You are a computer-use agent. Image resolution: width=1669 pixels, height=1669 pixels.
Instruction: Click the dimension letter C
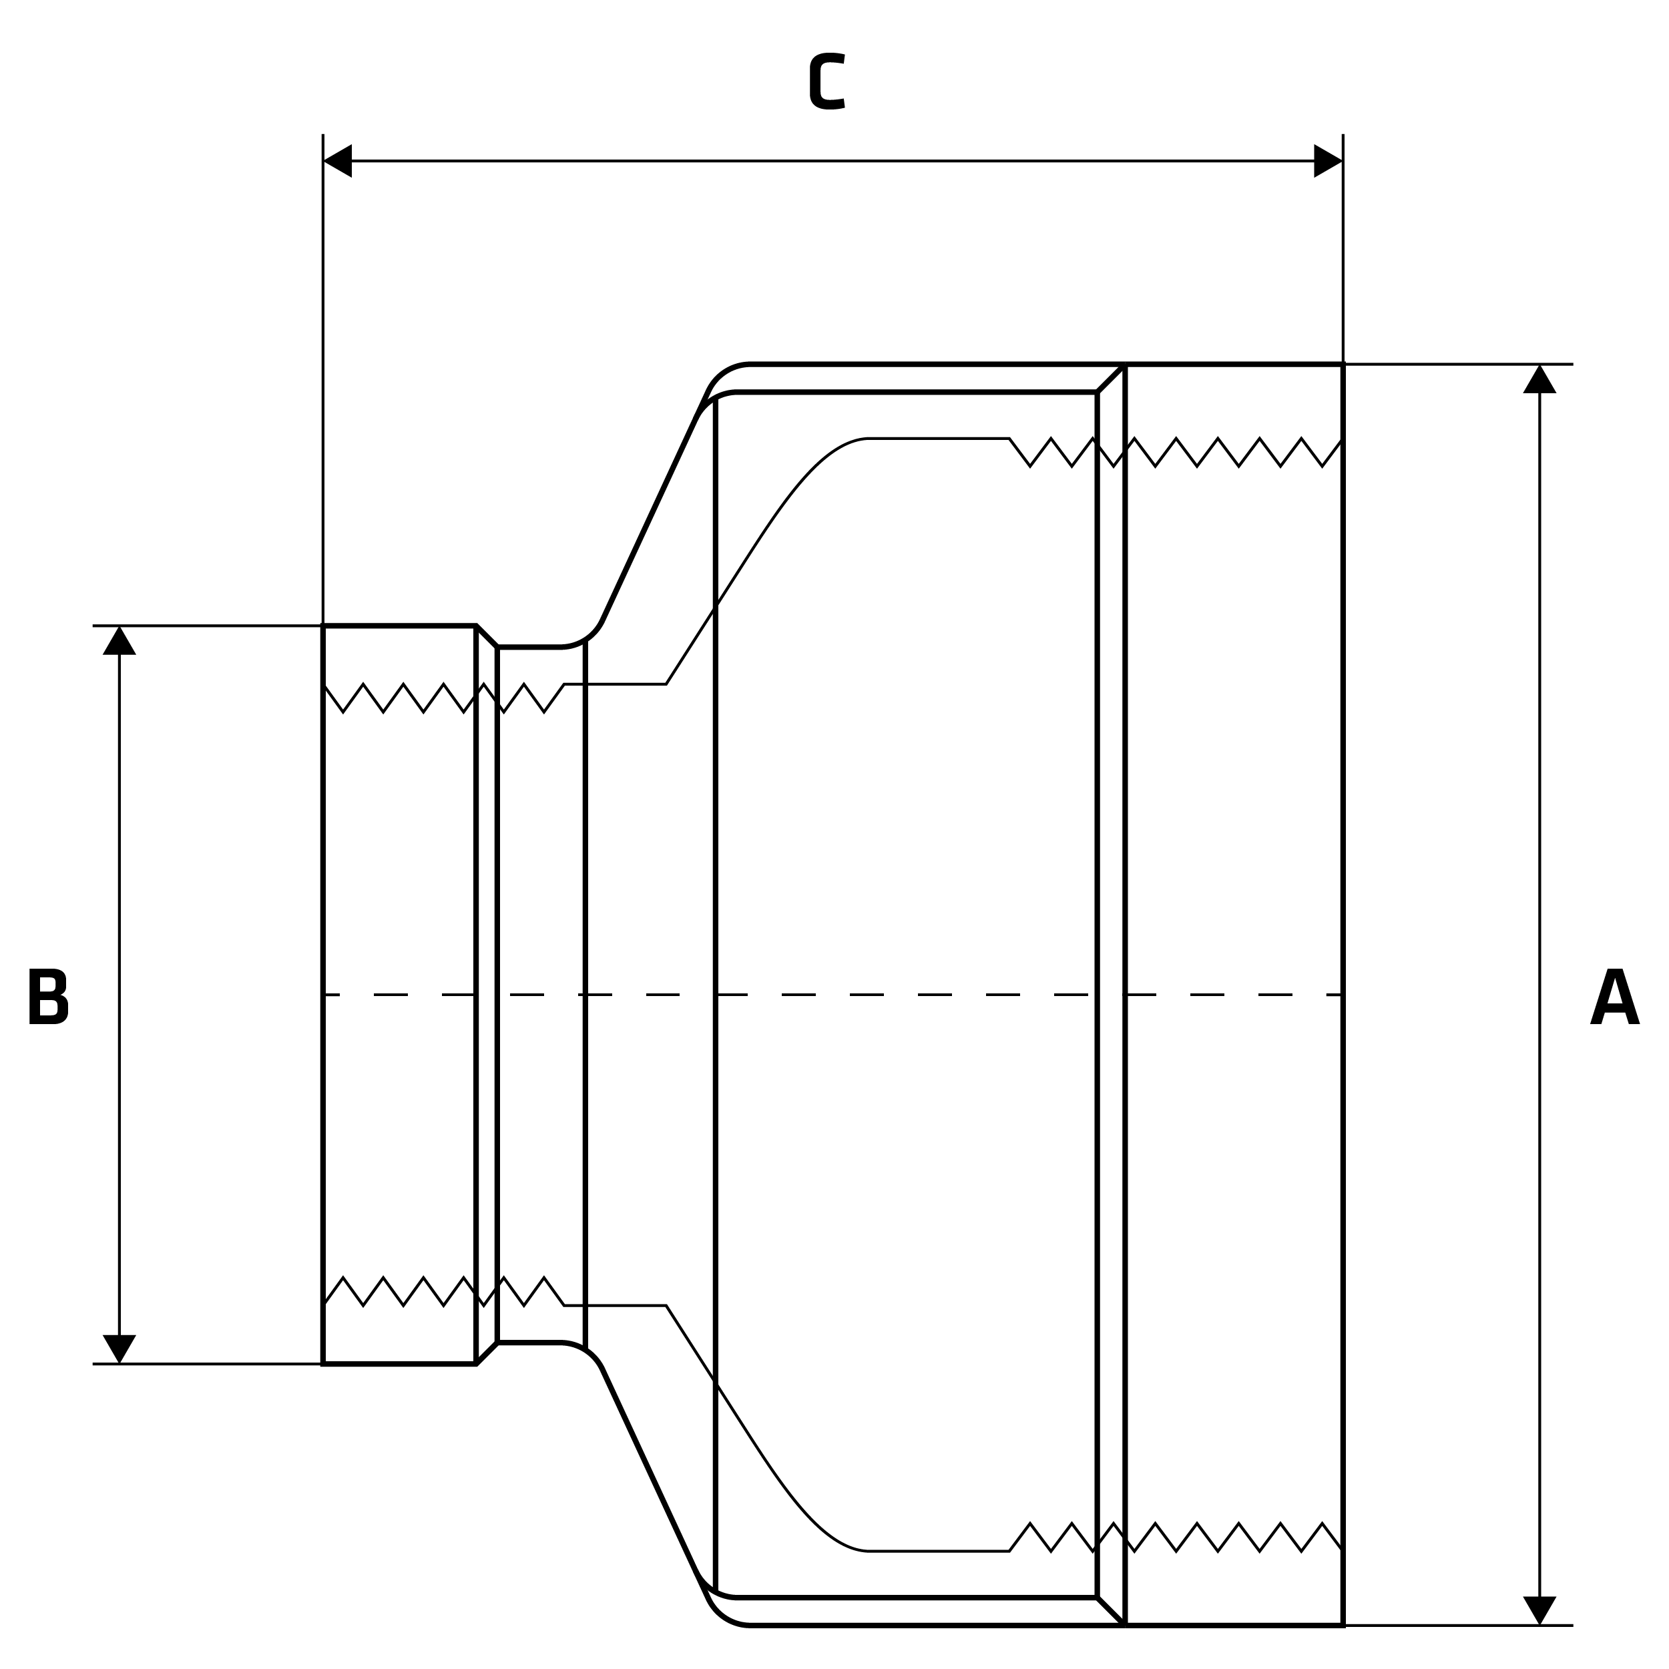point(826,82)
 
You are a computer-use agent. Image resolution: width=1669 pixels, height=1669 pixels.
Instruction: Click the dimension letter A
point(1614,996)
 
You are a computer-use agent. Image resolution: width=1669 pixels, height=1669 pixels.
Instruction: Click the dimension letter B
point(48,996)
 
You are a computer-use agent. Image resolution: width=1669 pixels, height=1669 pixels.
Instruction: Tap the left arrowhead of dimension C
point(338,161)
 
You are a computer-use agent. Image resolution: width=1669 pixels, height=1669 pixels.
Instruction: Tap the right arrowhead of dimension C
point(1328,161)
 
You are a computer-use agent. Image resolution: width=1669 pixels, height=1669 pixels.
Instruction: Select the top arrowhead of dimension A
point(1539,380)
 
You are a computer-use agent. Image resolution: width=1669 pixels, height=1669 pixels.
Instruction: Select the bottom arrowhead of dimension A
point(1539,1608)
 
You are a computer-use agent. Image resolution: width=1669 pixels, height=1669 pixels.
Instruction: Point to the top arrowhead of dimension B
point(120,642)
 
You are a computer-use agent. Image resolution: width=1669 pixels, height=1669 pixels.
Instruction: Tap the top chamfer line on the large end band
point(1111,379)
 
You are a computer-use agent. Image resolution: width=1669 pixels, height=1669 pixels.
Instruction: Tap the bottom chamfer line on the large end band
point(1111,1611)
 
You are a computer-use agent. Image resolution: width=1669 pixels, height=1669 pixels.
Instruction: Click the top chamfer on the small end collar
point(487,636)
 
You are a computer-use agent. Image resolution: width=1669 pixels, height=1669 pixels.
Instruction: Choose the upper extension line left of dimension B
point(208,626)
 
